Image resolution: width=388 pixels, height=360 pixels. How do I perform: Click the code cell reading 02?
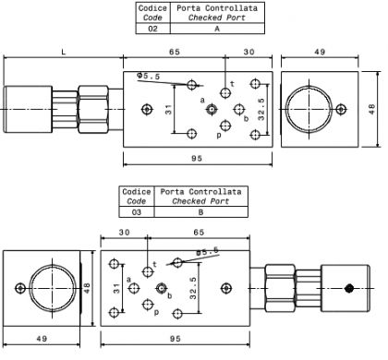(x=152, y=29)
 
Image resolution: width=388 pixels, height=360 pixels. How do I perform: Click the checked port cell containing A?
(x=217, y=29)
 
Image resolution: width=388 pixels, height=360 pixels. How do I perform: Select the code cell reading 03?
(x=137, y=212)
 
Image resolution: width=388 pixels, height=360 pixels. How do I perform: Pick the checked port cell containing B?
(x=200, y=212)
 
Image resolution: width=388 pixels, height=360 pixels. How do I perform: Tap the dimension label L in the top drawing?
(x=64, y=52)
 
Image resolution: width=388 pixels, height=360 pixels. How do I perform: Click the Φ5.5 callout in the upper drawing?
(x=149, y=76)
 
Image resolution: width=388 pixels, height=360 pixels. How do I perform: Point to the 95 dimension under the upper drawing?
(x=197, y=158)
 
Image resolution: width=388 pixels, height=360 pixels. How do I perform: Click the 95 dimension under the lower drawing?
(x=175, y=339)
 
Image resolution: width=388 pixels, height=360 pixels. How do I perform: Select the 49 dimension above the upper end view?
(x=320, y=52)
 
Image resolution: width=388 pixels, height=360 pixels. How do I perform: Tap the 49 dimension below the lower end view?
(x=42, y=339)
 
